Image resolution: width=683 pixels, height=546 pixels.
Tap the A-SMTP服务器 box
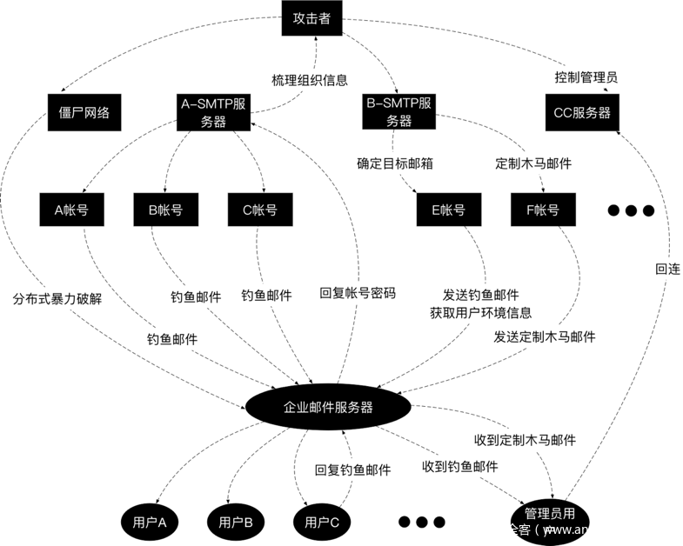(x=215, y=113)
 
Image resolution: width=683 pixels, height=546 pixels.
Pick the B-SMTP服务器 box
(x=399, y=113)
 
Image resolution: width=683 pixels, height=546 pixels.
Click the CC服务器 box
(x=581, y=113)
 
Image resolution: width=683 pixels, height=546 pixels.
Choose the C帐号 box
(x=260, y=210)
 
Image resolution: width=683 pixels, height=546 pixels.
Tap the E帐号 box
(x=448, y=210)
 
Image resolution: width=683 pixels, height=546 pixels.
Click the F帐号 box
(x=542, y=210)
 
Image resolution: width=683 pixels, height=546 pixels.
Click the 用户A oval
(x=150, y=522)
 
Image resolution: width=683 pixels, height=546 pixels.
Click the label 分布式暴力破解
(x=57, y=298)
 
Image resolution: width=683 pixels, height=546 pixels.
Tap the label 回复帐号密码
(x=358, y=293)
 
